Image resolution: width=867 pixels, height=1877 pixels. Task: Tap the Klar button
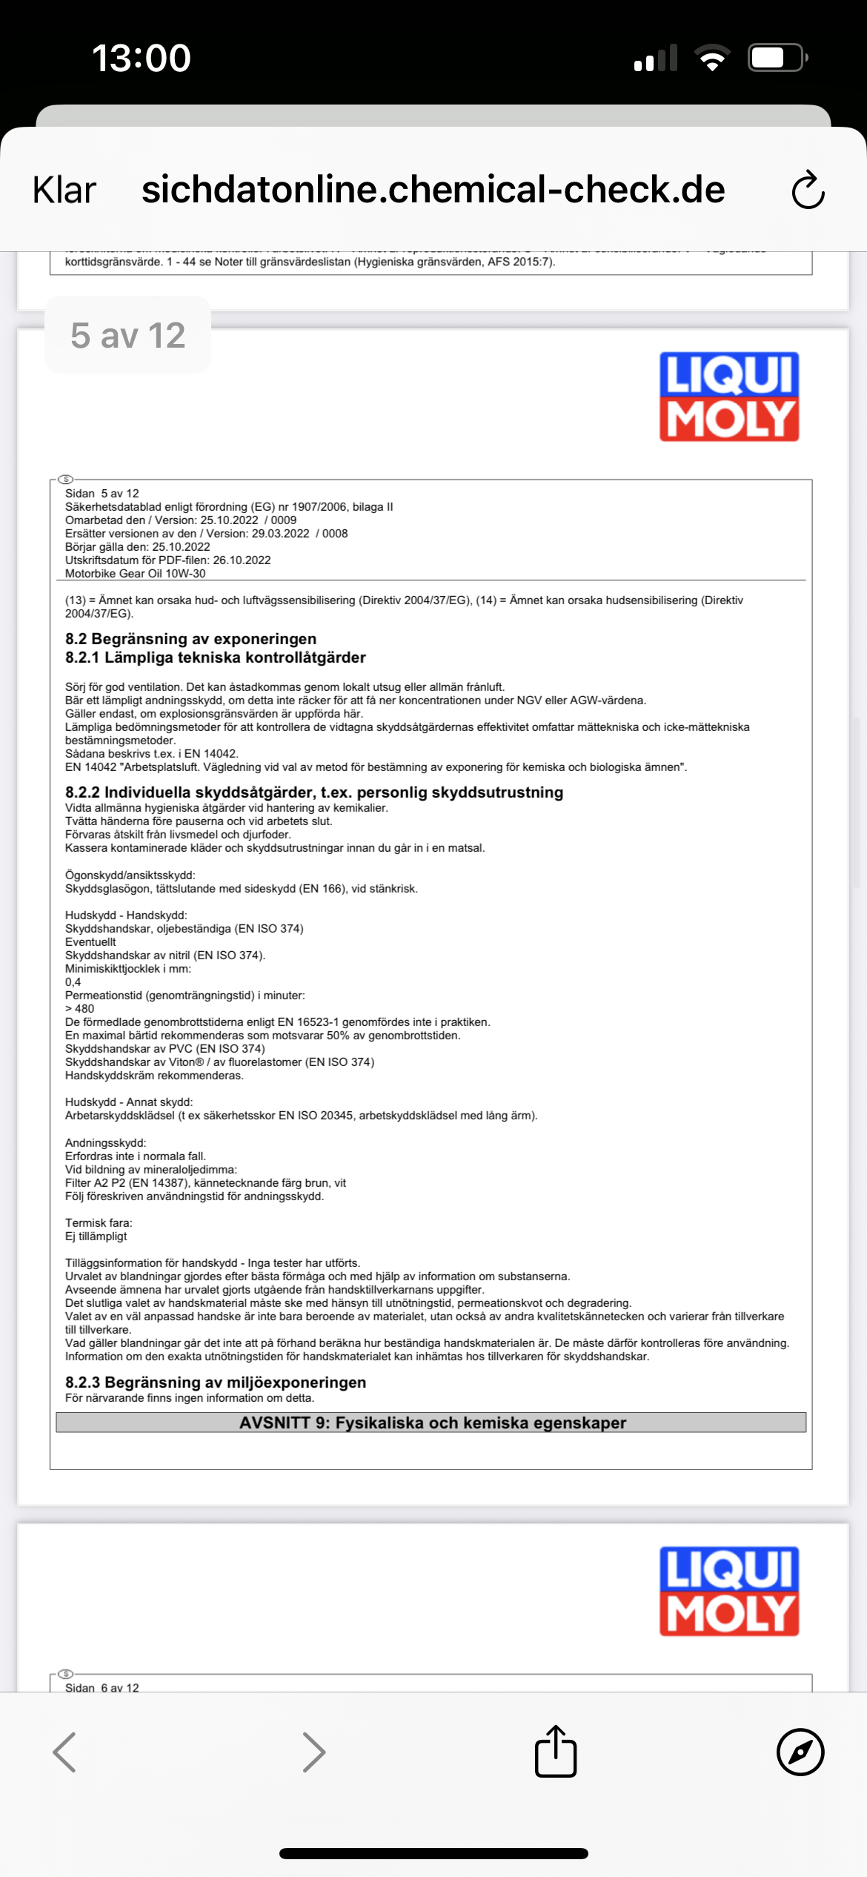point(64,191)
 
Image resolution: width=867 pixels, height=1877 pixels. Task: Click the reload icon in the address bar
point(808,191)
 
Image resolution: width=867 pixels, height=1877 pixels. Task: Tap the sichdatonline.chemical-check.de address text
point(433,190)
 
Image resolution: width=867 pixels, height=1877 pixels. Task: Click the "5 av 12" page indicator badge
point(127,335)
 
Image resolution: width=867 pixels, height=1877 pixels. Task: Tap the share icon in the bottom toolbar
point(556,1752)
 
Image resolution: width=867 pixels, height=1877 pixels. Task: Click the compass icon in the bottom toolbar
point(800,1752)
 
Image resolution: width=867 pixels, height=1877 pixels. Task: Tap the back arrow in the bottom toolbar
point(65,1752)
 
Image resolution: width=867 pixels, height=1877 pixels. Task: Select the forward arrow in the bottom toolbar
point(314,1752)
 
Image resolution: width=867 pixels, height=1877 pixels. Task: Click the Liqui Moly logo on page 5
point(729,397)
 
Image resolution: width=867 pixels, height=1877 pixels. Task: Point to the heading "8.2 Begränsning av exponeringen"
point(190,639)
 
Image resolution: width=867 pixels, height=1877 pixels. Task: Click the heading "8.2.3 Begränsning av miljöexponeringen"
point(216,1382)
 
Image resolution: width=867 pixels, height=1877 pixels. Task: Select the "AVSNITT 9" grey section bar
point(431,1423)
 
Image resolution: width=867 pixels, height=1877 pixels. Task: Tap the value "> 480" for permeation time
point(80,1009)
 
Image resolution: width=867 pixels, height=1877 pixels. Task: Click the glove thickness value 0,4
point(73,982)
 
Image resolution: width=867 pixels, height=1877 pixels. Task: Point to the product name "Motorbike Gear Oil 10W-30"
point(136,574)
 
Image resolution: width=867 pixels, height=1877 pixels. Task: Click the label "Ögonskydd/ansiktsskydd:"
point(130,875)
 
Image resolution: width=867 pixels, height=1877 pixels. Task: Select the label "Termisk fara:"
point(99,1222)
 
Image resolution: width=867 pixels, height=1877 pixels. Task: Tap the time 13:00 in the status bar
point(142,58)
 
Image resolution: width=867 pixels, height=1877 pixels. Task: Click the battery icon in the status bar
point(777,58)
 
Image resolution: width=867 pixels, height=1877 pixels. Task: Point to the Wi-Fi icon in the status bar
point(712,58)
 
